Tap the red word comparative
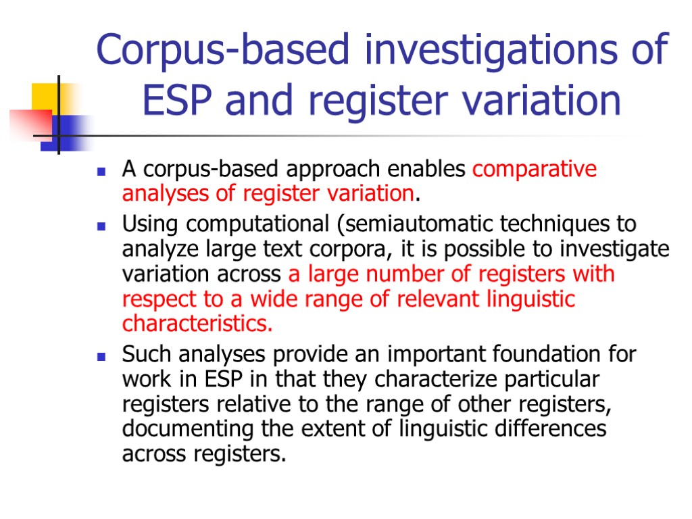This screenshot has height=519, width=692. tap(535, 169)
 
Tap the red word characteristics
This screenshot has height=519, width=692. tap(197, 324)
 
